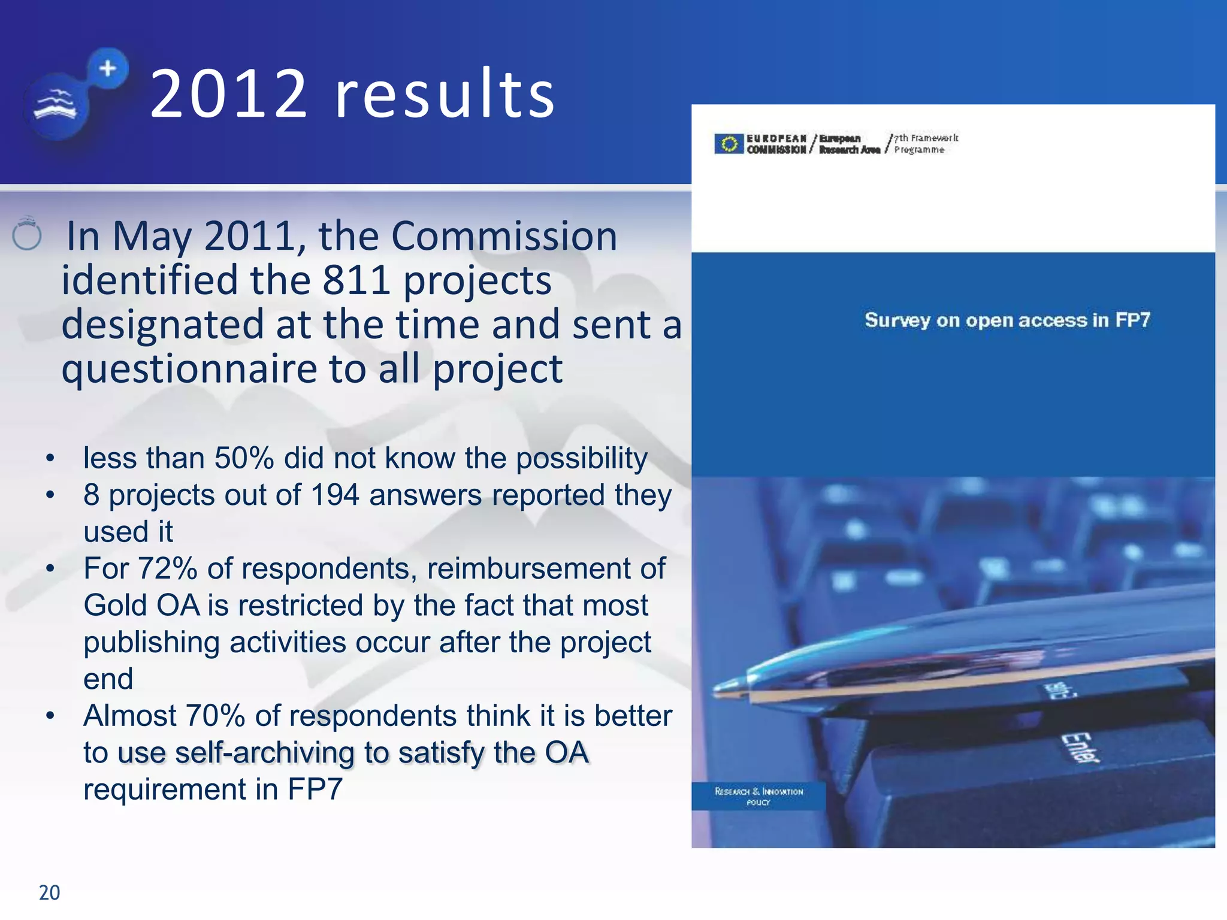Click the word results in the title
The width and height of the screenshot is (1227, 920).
click(x=445, y=94)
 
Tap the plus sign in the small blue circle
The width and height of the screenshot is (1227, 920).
click(x=108, y=68)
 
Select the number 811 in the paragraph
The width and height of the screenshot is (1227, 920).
click(x=356, y=280)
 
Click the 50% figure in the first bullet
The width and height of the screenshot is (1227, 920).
click(x=244, y=458)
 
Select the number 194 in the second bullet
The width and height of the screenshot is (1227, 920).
click(x=334, y=495)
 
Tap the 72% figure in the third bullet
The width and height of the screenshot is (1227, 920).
click(x=167, y=568)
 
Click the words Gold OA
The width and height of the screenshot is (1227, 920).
click(x=141, y=606)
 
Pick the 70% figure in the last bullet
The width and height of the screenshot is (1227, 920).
click(x=215, y=716)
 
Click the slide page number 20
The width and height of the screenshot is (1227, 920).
click(x=49, y=892)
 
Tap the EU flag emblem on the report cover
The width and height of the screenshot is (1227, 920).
click(x=729, y=144)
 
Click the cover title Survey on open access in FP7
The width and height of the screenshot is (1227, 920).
click(x=1007, y=320)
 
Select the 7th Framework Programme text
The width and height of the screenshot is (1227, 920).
click(x=925, y=144)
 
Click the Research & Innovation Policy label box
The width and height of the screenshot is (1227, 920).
click(x=758, y=796)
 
